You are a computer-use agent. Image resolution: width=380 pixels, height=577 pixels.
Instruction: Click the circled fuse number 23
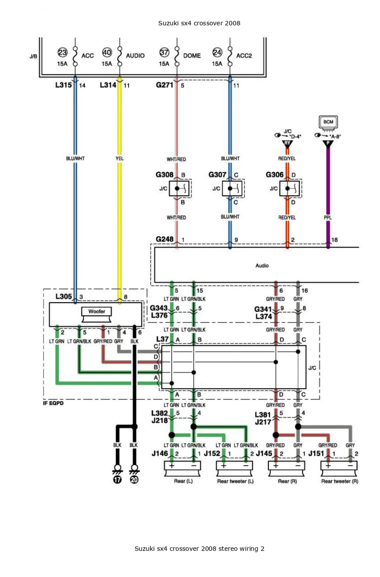62,53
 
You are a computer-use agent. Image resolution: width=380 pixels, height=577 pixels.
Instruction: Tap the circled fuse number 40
107,53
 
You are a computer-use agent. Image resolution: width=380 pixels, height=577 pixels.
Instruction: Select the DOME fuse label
192,55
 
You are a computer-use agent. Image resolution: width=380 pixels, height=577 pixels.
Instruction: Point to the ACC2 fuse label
244,55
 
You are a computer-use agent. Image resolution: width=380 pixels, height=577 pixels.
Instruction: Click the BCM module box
328,122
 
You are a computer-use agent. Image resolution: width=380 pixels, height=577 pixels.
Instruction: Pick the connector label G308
164,175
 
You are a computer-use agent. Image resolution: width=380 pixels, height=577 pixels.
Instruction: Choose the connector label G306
274,175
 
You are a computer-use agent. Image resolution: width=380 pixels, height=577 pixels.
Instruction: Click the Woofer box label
97,311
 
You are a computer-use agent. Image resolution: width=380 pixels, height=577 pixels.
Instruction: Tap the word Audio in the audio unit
262,266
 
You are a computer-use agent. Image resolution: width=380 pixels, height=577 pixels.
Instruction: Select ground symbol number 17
117,480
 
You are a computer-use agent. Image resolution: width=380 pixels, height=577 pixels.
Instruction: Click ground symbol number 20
134,480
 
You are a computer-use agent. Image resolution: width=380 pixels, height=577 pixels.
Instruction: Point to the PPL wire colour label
328,218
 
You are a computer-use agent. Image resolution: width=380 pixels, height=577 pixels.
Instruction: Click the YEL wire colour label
120,158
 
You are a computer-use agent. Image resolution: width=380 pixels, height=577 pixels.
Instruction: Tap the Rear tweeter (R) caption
340,481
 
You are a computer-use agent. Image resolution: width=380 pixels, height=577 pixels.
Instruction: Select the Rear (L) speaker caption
183,481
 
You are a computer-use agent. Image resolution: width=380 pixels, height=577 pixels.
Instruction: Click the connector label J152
212,453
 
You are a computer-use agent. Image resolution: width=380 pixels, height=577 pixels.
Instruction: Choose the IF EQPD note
53,403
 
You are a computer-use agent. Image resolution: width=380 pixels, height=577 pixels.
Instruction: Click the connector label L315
64,85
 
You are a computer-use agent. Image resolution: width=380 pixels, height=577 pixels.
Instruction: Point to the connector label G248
164,239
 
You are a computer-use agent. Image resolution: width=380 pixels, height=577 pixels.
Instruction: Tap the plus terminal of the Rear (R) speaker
276,466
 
